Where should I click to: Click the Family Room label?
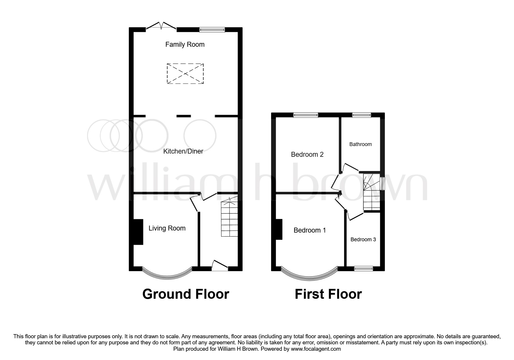pos(185,44)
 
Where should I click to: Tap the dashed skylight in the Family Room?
pos(185,74)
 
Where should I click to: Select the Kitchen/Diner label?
pos(183,151)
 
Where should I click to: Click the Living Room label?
pos(167,228)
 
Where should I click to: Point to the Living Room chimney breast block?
pos(138,232)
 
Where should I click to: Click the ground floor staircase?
pos(229,219)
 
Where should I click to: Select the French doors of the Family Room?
pos(161,26)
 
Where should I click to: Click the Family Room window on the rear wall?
pos(212,29)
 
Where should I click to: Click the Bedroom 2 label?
pos(307,154)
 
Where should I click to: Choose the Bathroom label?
pos(360,144)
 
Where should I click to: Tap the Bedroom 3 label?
pos(363,240)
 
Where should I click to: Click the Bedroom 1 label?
pos(310,230)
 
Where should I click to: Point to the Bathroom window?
pos(362,115)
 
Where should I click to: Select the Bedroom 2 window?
pos(306,115)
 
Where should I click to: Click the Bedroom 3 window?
pos(363,269)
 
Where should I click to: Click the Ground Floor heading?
pos(186,294)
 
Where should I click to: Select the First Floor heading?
pos(328,294)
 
